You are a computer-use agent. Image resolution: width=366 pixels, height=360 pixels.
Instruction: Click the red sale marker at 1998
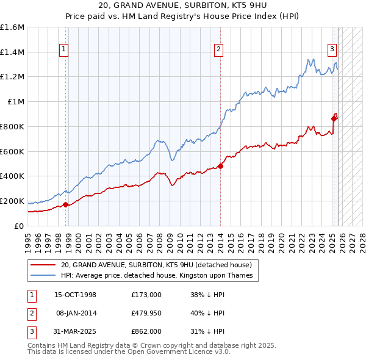(66, 204)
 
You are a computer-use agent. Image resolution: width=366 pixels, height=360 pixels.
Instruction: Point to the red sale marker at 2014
(220, 166)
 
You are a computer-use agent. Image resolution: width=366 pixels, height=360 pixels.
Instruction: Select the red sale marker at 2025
(334, 118)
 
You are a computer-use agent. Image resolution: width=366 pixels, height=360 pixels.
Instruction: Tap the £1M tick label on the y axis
(16, 102)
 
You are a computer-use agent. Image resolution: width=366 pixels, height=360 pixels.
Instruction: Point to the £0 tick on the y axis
(20, 226)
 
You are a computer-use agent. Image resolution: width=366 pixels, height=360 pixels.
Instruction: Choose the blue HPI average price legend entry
(156, 276)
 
